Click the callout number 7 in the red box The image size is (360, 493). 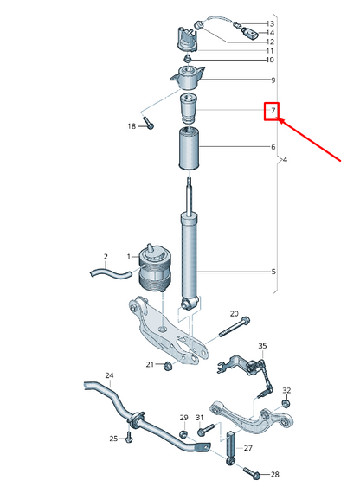pyautogui.click(x=272, y=112)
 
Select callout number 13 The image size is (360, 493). pyautogui.click(x=270, y=23)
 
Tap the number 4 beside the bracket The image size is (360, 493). pyautogui.click(x=285, y=162)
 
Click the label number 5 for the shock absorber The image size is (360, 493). pyautogui.click(x=273, y=272)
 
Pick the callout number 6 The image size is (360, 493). pyautogui.click(x=273, y=148)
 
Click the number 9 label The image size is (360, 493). pyautogui.click(x=273, y=80)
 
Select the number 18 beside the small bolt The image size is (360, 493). pyautogui.click(x=132, y=126)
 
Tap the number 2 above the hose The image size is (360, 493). pyautogui.click(x=106, y=257)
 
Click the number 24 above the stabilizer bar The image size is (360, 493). pyautogui.click(x=109, y=375)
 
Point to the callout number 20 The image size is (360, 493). pyautogui.click(x=234, y=313)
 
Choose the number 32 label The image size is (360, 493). pyautogui.click(x=286, y=391)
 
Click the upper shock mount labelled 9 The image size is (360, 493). pyautogui.click(x=189, y=79)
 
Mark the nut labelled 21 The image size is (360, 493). pyautogui.click(x=168, y=364)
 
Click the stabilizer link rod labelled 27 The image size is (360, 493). pyautogui.click(x=231, y=445)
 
